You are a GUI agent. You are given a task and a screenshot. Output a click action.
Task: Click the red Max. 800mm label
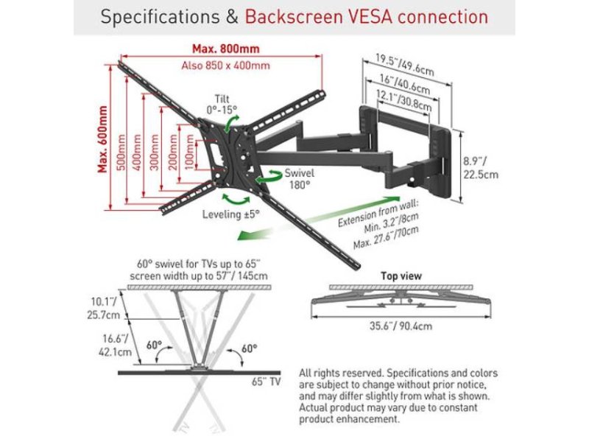(225, 49)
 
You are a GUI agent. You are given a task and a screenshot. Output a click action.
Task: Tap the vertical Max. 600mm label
(102, 139)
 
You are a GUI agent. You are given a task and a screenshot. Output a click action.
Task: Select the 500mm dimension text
(121, 152)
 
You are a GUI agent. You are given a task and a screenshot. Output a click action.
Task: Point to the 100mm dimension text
(190, 152)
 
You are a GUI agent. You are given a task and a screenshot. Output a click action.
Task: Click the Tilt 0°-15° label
(222, 104)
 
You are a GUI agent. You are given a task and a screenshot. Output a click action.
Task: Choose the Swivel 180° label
(299, 179)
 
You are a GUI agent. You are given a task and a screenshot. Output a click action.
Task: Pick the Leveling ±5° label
(231, 214)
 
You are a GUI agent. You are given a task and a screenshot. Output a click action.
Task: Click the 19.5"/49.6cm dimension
(405, 65)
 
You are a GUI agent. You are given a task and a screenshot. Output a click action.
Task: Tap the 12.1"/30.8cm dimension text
(403, 100)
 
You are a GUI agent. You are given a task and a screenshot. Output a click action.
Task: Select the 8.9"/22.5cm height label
(481, 168)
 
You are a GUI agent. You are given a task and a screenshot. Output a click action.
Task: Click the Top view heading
(401, 276)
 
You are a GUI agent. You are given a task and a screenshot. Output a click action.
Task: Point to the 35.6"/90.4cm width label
(401, 326)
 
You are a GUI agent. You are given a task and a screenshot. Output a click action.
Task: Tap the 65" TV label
(266, 382)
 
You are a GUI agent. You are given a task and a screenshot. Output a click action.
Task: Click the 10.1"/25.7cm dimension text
(103, 308)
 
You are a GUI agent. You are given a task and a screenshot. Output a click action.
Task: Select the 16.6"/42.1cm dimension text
(115, 345)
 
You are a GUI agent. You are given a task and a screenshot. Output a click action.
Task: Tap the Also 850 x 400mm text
(225, 66)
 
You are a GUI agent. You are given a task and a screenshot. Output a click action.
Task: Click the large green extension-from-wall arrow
(319, 217)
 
